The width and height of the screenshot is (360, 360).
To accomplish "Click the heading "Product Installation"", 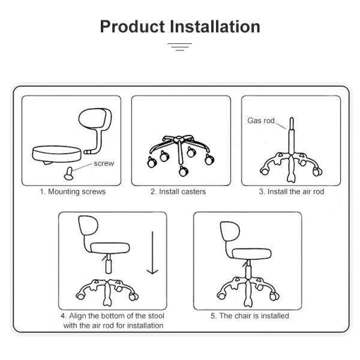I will tap(180, 26).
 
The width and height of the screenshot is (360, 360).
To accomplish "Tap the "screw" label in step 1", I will tap(104, 163).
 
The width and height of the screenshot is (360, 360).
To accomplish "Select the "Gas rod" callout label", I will tap(261, 121).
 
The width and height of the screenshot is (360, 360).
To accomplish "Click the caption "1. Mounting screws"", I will tap(73, 192).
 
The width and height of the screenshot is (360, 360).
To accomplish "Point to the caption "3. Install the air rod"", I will tap(291, 192).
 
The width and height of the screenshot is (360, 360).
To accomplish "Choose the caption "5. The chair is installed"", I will tap(250, 316).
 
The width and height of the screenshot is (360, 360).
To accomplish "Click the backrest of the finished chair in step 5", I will tap(227, 233).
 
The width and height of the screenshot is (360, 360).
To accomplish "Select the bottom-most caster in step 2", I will tap(182, 173).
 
